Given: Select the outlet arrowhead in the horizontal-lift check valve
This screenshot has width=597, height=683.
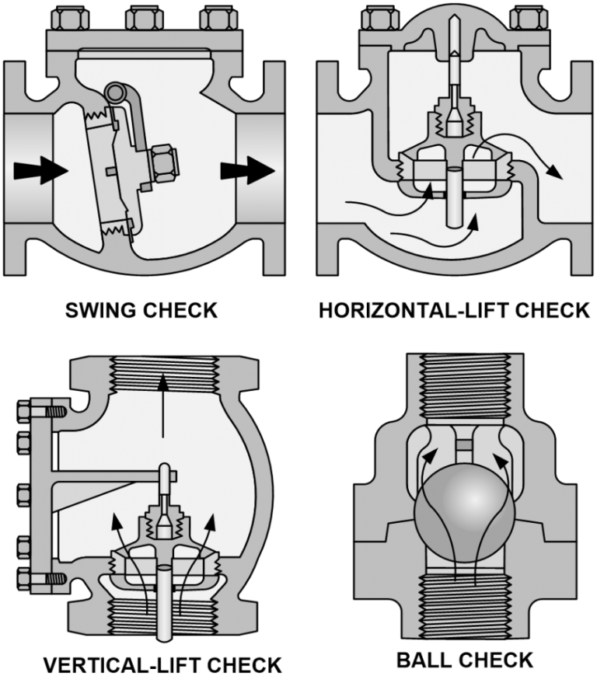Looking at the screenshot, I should click(554, 172).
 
